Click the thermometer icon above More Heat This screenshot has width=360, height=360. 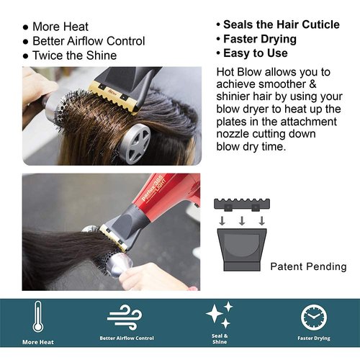pyautogui.click(x=38, y=317)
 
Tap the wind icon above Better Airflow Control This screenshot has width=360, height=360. pyautogui.click(x=126, y=316)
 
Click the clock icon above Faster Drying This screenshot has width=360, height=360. pyautogui.click(x=313, y=317)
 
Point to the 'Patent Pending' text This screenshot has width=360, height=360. pyautogui.click(x=308, y=266)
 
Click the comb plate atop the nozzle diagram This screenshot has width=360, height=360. pyautogui.click(x=243, y=205)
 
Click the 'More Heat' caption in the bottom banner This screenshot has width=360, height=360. pyautogui.click(x=38, y=342)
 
